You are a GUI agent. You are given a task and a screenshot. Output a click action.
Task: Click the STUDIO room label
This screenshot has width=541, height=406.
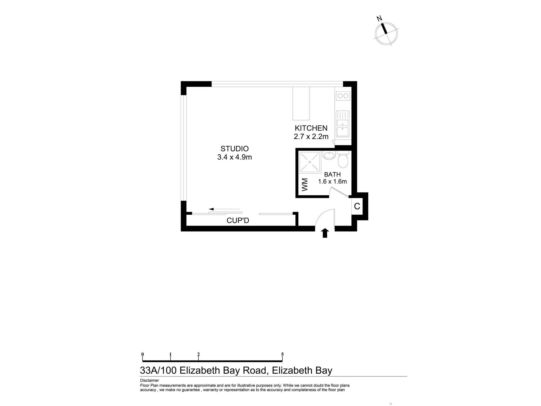pos(235,149)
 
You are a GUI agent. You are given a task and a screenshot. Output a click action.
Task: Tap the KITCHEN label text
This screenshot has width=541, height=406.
pos(311,128)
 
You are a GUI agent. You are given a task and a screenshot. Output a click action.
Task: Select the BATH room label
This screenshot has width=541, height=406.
pos(332,175)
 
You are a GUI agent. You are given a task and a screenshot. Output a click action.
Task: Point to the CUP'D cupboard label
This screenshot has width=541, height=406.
pos(238,221)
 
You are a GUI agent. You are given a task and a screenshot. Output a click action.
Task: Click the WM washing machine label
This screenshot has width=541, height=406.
pos(305,185)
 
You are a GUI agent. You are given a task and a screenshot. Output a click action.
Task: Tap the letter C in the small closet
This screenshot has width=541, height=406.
pos(357,206)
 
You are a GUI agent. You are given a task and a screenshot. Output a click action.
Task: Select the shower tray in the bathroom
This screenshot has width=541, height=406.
pos(310,162)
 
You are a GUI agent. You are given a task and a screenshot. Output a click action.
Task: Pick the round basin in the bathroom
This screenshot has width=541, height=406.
pos(329,155)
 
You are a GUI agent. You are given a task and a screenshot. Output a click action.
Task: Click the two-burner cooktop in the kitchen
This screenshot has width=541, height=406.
pos(343,96)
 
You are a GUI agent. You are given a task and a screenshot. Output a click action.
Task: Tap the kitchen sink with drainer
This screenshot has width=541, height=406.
pos(343,124)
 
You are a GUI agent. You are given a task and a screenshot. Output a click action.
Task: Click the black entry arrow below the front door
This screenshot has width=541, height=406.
pos(325,233)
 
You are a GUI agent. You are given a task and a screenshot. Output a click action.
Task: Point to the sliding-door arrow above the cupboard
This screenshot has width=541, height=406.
pos(225,209)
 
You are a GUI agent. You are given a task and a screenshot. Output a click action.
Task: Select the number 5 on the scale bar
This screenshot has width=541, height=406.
pos(282,354)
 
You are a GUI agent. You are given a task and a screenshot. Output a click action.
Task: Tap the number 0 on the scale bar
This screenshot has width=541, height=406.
pos(143,354)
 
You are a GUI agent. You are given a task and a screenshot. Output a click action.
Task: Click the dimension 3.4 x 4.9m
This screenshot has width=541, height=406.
pos(235,157)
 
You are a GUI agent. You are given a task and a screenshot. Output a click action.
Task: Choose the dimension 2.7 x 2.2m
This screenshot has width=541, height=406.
pos(311,136)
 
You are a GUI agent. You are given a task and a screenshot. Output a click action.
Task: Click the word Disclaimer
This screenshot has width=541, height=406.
pos(150,380)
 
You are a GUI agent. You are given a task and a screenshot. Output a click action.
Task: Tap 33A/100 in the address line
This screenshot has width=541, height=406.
pos(158,370)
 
